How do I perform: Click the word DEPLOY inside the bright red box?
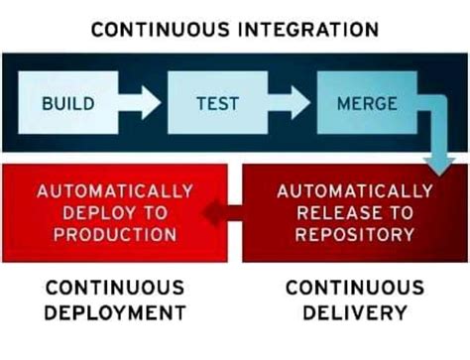(94, 212)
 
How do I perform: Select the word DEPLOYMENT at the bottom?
(115, 313)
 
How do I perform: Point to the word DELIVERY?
(354, 313)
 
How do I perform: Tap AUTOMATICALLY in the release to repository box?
(354, 190)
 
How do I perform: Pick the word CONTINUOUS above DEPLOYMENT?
(115, 288)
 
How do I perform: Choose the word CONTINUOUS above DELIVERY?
(354, 288)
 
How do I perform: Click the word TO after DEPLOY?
(149, 212)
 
